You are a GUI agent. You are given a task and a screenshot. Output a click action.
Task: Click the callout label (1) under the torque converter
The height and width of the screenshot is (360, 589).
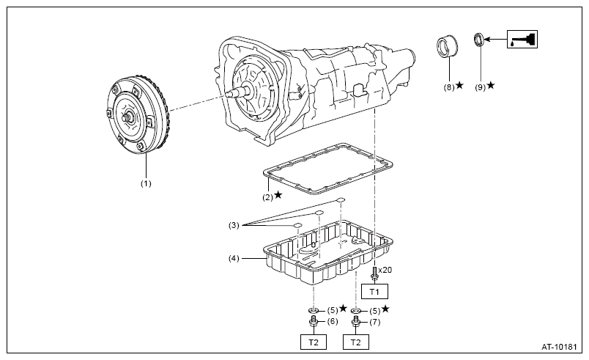coord(146,183)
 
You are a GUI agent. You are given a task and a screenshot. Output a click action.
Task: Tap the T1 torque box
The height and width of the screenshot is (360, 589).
coord(374,291)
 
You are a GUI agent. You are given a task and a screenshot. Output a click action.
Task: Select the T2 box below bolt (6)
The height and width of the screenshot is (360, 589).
coord(314,342)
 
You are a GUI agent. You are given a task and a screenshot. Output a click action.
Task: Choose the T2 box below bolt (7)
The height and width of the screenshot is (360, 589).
coord(356,342)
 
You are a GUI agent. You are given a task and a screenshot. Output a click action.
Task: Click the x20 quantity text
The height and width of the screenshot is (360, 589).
coord(385,270)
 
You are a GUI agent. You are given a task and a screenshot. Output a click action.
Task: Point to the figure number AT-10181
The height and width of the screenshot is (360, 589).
coord(559,347)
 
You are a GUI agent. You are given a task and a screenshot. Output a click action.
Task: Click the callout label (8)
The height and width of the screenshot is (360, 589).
coord(449,87)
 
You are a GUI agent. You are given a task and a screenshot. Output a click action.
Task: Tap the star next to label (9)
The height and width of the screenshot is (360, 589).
coord(491,86)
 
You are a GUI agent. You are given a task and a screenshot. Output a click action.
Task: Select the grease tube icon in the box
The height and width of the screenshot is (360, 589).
coord(522,39)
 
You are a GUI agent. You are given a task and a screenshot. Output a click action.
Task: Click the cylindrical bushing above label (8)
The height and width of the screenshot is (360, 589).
coord(447,47)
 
